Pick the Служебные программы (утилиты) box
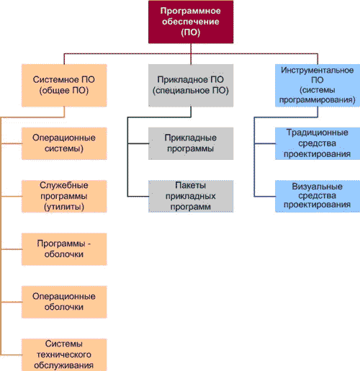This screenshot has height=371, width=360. pyautogui.click(x=64, y=196)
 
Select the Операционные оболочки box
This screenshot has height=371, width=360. pyautogui.click(x=64, y=300)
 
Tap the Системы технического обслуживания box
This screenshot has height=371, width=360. pyautogui.click(x=64, y=353)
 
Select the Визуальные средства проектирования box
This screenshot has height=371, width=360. pyautogui.click(x=316, y=195)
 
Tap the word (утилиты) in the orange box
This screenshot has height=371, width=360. pyautogui.click(x=64, y=206)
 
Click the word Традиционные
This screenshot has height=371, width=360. pyautogui.click(x=316, y=133)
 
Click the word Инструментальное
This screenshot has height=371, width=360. pyautogui.click(x=316, y=71)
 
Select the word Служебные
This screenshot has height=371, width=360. pyautogui.click(x=64, y=186)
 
